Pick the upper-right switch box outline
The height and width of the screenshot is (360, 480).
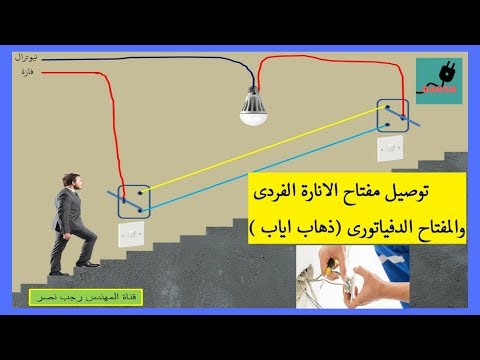point(393,115)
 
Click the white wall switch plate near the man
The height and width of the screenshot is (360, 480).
point(131,234)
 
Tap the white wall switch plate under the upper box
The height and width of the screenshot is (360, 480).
point(391,149)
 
